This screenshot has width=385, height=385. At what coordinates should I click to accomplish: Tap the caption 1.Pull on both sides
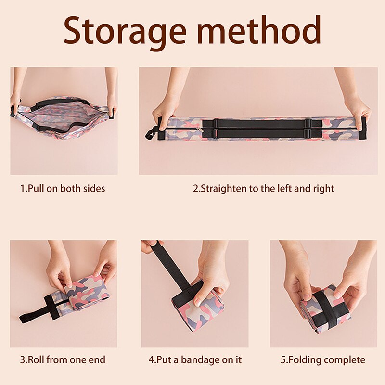pyautogui.click(x=63, y=188)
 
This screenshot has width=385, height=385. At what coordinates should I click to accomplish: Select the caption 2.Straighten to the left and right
pyautogui.click(x=263, y=188)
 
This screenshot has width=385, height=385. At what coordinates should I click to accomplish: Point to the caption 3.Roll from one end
pyautogui.click(x=63, y=359)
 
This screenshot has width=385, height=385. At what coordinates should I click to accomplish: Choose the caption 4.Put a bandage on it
pyautogui.click(x=195, y=359)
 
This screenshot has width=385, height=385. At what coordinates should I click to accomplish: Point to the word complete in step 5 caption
pyautogui.click(x=345, y=359)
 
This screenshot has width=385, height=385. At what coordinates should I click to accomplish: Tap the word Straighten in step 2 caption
pyautogui.click(x=223, y=188)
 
